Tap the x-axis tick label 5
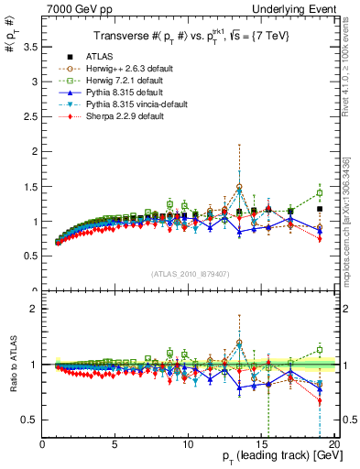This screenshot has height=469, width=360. tap(115, 445)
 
